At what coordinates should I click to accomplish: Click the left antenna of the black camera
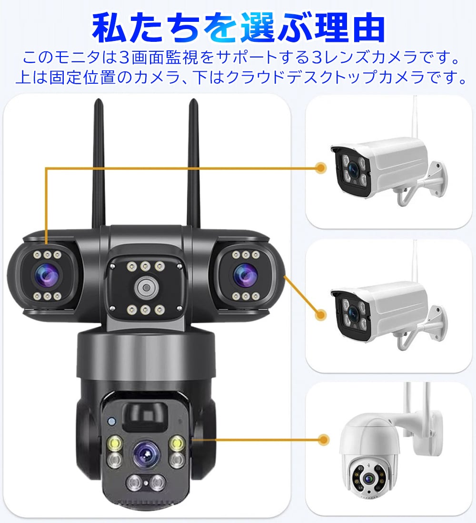(99, 164)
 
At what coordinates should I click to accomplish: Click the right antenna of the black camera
(193, 164)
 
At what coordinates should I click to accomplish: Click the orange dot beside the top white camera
(321, 167)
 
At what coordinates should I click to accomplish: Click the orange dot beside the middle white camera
(321, 314)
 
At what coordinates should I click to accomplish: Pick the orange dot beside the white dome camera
(323, 440)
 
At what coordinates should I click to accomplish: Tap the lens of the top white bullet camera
(353, 170)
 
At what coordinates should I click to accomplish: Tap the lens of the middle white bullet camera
(353, 313)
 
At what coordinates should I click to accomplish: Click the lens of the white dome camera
(369, 478)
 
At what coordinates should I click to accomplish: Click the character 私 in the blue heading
(109, 28)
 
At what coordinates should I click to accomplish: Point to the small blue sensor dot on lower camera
(111, 421)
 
